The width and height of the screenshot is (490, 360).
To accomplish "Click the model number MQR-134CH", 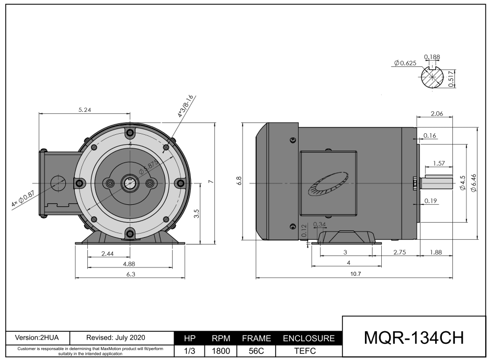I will (x=413, y=338).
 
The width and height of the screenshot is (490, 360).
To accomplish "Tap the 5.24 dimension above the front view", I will (x=84, y=110).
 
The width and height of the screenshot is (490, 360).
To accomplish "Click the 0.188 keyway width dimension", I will (x=431, y=56).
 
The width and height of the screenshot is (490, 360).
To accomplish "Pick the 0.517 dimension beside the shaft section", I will (x=451, y=78).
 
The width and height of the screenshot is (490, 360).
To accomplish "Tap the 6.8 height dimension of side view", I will (x=239, y=181).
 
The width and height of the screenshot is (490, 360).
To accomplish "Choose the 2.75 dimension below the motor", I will (x=400, y=252).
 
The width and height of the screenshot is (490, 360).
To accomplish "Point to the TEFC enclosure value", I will (x=308, y=352).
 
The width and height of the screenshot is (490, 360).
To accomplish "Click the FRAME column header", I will (x=256, y=339).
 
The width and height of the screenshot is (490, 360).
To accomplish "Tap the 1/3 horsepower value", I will (x=191, y=352).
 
